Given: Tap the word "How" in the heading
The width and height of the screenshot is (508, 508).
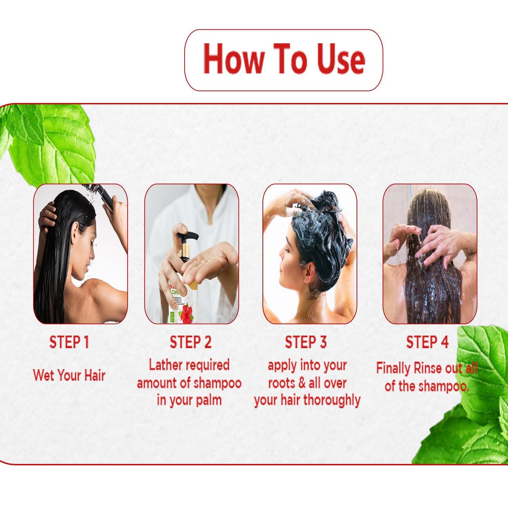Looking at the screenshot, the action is click(233, 58).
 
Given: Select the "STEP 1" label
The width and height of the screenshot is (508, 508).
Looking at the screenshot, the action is click(69, 342).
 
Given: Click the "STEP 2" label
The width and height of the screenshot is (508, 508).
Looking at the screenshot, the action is click(191, 342).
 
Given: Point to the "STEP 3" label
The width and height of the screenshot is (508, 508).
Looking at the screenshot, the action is click(306, 342).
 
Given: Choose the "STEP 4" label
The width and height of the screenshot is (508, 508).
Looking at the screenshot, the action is click(427, 342).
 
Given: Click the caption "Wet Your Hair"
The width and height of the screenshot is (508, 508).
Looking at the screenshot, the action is click(69, 375).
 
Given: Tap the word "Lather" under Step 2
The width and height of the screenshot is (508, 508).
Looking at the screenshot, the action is click(166, 365).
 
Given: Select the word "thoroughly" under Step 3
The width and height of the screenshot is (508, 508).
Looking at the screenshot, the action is click(332, 401).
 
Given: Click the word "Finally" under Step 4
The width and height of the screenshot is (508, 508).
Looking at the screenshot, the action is click(393, 368).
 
